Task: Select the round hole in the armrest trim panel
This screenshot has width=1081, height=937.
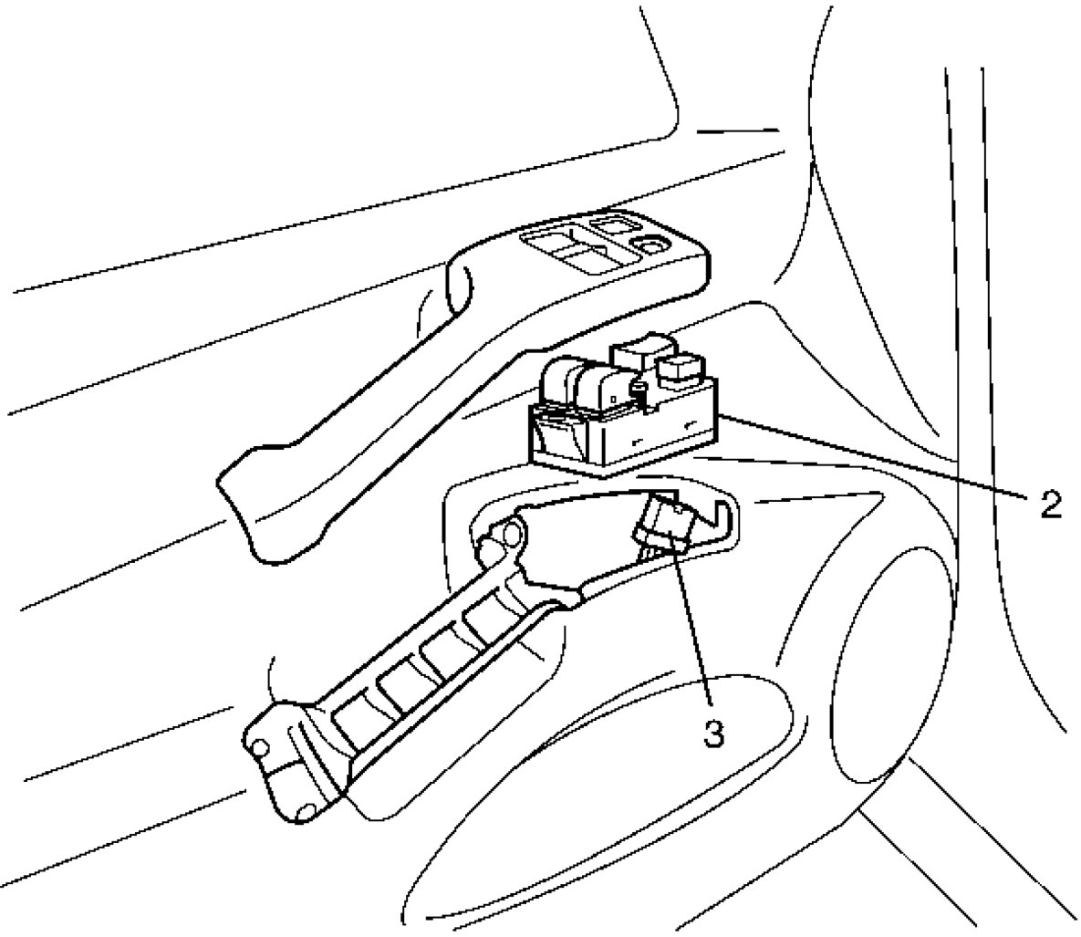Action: [653, 244]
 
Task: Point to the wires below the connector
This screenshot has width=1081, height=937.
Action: [650, 553]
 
